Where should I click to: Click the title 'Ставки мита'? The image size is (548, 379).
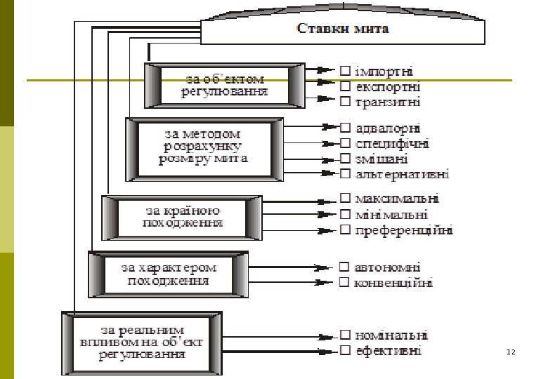click(x=343, y=29)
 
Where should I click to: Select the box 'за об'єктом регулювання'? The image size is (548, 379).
click(x=226, y=85)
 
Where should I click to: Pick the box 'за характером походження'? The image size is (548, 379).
click(x=168, y=274)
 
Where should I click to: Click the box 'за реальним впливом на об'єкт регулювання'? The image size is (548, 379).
click(x=141, y=342)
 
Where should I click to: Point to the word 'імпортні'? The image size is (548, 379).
click(x=384, y=71)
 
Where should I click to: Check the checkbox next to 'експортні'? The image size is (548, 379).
click(x=345, y=87)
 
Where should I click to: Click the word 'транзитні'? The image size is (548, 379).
click(x=388, y=102)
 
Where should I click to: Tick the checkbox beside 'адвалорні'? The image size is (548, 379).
click(x=345, y=128)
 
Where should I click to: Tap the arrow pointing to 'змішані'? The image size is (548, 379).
click(x=330, y=159)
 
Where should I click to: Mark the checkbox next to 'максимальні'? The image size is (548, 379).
click(x=345, y=199)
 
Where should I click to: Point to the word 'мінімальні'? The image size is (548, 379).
click(x=391, y=214)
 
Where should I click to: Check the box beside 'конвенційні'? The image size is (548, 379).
click(x=345, y=284)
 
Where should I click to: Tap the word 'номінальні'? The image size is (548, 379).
click(x=391, y=335)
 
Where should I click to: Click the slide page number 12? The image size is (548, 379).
click(x=511, y=351)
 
